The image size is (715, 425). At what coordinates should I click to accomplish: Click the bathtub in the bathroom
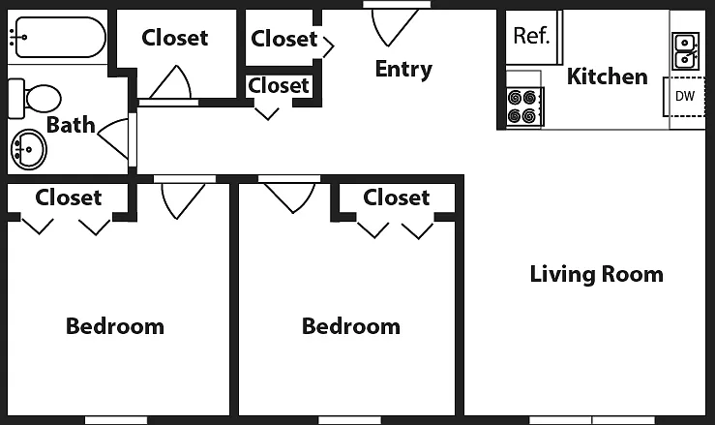coord(57,38)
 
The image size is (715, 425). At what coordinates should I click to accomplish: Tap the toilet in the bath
coord(35,98)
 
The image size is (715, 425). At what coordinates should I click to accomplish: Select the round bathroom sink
coord(28,149)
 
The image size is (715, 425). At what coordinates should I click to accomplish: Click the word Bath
coord(71,125)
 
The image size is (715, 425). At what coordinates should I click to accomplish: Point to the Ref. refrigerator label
coord(532,35)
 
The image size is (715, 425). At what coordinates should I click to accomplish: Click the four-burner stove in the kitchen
coord(524,106)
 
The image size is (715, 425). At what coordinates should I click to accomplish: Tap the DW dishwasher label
coord(684,96)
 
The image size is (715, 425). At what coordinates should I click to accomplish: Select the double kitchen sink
coord(685,50)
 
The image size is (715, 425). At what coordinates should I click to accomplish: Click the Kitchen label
coord(607,76)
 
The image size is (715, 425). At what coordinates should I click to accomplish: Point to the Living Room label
coord(596,274)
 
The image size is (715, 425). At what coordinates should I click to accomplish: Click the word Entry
coord(403,70)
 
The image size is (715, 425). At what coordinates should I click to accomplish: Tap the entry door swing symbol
coord(395,26)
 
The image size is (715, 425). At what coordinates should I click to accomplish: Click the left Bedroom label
coord(115,326)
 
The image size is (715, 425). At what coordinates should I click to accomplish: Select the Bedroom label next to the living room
coord(351,326)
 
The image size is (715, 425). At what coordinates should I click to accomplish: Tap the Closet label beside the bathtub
coord(175,38)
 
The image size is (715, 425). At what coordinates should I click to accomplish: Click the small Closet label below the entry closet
coord(279,85)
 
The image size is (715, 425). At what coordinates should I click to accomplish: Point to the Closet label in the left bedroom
coord(69,197)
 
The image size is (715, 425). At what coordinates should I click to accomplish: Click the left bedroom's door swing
coord(183,200)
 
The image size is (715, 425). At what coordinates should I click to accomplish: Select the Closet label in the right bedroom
coord(397,197)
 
